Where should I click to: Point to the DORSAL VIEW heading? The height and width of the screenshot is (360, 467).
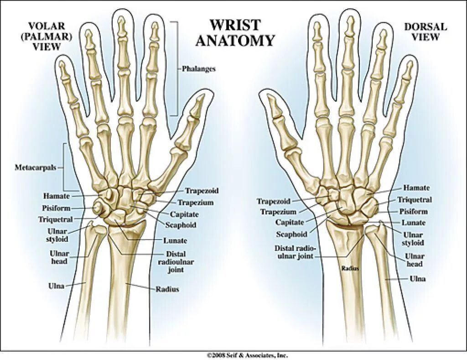click(x=425, y=32)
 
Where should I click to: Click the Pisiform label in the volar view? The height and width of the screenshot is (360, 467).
click(x=56, y=208)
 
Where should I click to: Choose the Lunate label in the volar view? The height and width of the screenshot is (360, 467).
click(x=175, y=240)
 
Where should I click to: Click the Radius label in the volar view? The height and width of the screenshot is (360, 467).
click(x=167, y=289)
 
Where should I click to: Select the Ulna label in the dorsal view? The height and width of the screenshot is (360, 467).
click(x=418, y=279)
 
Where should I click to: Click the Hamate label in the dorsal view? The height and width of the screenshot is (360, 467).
click(x=416, y=188)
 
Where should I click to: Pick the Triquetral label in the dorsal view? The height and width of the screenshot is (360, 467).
click(x=414, y=200)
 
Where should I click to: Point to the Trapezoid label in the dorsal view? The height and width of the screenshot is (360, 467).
click(x=273, y=201)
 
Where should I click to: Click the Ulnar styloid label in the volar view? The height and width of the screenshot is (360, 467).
click(x=57, y=235)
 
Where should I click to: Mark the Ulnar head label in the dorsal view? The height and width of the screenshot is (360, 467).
click(x=414, y=261)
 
